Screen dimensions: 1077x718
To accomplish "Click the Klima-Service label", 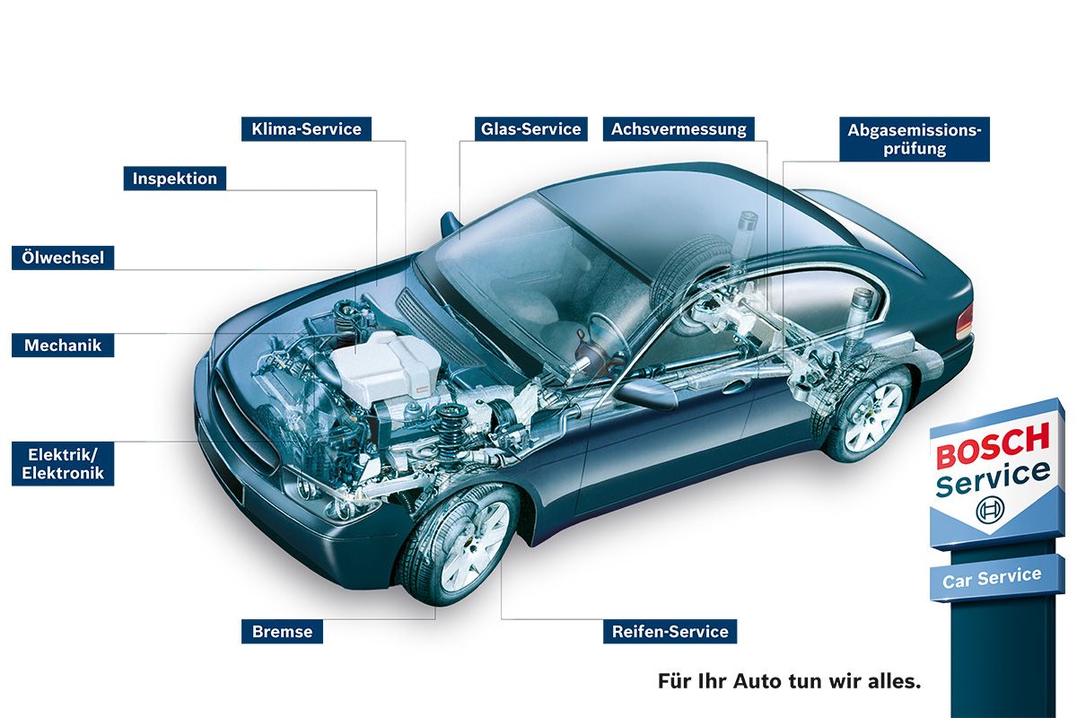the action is [306, 129].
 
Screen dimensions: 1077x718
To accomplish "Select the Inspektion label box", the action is [174, 179].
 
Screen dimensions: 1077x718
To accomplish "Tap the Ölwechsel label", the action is [63, 258].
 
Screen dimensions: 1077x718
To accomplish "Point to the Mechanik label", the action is [63, 346].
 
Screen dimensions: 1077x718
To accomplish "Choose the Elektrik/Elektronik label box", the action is [63, 464].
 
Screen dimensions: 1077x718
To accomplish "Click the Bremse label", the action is [282, 632].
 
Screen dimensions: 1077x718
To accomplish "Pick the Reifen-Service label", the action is [670, 632].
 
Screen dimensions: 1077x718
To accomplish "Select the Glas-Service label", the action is [530, 129].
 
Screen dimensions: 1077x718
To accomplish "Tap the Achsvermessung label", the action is [679, 129].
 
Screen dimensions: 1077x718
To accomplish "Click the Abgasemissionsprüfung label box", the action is [915, 139].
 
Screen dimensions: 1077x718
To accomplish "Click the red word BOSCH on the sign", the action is [993, 445].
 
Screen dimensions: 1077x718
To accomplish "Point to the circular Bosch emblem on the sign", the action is [990, 509].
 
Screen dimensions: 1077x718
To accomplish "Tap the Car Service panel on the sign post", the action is [997, 577].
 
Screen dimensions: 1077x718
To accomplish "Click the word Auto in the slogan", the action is [757, 681].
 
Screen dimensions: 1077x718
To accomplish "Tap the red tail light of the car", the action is [965, 321].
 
